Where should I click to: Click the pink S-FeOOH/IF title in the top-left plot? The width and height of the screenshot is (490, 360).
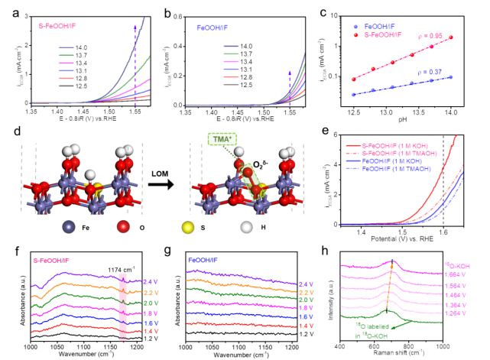tap(57, 24)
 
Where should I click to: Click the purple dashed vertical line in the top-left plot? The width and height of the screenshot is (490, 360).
tap(135, 69)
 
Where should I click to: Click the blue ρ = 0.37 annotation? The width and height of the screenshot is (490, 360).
tap(430, 72)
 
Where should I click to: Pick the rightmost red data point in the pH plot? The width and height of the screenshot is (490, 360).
tap(450, 37)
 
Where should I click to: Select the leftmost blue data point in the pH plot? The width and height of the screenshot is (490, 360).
tap(353, 95)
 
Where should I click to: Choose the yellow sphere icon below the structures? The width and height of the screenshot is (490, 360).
tap(187, 226)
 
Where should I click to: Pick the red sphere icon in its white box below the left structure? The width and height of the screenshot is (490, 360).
tap(122, 226)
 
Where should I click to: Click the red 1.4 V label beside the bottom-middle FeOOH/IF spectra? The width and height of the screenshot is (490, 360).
tap(306, 326)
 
